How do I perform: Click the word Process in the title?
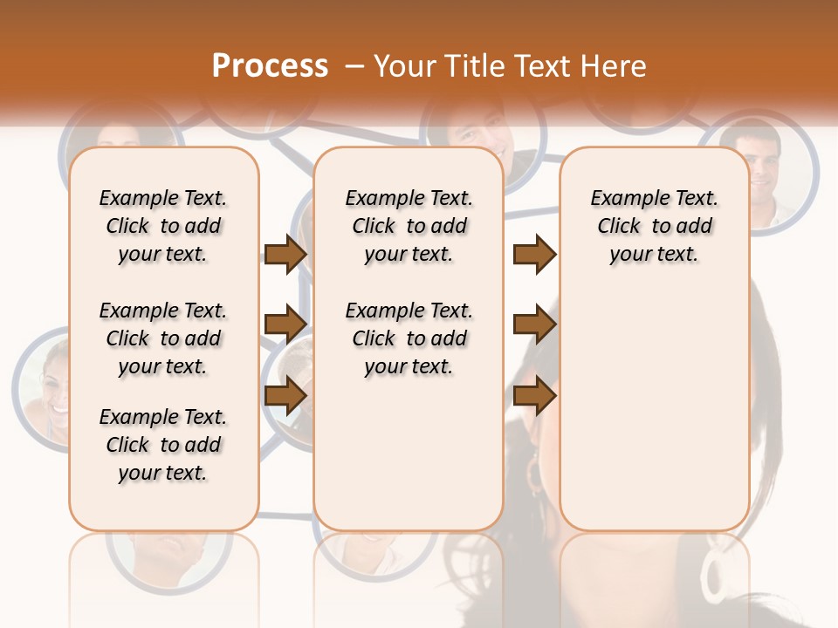click(x=270, y=66)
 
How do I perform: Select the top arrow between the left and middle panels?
click(x=285, y=254)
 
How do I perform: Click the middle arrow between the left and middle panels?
click(x=285, y=325)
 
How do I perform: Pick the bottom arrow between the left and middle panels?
click(x=285, y=396)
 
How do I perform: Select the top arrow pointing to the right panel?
click(x=534, y=254)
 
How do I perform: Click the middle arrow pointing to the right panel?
click(x=534, y=325)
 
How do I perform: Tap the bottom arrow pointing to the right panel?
click(x=534, y=396)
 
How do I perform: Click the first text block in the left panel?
click(x=163, y=226)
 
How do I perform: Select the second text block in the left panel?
click(x=163, y=338)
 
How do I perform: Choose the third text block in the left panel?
click(x=163, y=445)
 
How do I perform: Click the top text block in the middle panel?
click(x=409, y=226)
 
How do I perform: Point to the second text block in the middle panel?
click(x=409, y=338)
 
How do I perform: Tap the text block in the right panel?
click(x=654, y=226)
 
